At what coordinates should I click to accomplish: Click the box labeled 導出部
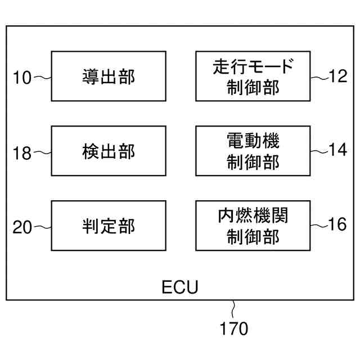coord(109,76)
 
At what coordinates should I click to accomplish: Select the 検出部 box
coord(109,151)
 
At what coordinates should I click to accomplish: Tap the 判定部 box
coord(109,226)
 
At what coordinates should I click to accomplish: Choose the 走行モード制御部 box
coord(253,76)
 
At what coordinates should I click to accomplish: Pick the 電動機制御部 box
coord(253,151)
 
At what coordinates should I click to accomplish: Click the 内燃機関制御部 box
coord(253,226)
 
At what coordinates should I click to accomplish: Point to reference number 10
coord(22,77)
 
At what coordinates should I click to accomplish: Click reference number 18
coord(22,153)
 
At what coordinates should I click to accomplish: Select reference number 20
coord(22,227)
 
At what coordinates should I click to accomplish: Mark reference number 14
coord(339,151)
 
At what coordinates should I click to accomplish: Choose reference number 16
coord(339,225)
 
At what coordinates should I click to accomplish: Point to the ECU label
coord(180,288)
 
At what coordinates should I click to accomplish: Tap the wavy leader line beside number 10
coord(43,77)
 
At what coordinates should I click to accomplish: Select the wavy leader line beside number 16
coord(319,225)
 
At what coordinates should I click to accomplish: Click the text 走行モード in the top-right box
coord(253,67)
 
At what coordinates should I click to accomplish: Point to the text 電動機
coord(253,141)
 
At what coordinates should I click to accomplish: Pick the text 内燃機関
coord(253,216)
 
